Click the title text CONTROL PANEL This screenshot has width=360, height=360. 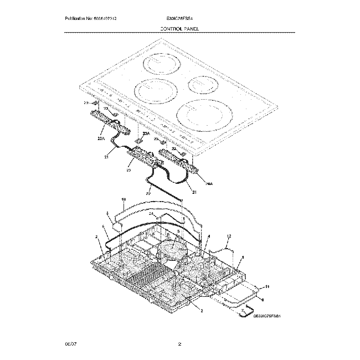[179, 28]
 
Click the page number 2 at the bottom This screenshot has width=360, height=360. [179, 344]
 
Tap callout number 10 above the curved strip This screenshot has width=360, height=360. [124, 199]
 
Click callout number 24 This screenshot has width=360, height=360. [135, 214]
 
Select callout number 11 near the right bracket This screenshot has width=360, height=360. [267, 286]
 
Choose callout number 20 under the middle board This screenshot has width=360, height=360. [129, 171]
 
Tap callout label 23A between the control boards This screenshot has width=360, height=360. [146, 135]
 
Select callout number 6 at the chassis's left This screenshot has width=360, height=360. [103, 228]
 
